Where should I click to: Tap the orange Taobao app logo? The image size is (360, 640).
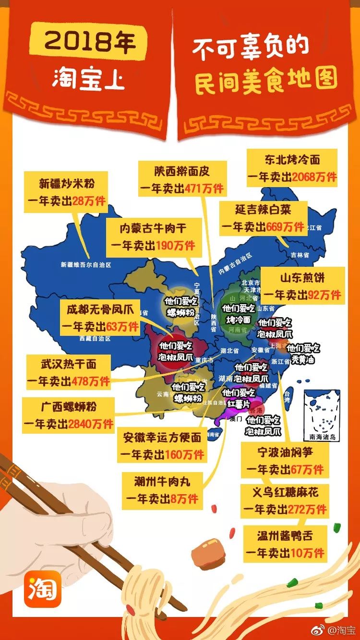44,588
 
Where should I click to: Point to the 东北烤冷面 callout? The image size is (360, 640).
292,168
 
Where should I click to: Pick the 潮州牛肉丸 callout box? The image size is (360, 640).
162,488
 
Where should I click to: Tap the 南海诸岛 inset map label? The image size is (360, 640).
323,438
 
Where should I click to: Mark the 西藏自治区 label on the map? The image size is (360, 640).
96,338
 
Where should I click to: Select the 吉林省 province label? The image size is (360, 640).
300,255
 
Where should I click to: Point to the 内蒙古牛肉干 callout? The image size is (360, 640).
154,237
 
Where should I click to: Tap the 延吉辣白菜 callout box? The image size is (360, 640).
263,218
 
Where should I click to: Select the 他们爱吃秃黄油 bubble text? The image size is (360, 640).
303,354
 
